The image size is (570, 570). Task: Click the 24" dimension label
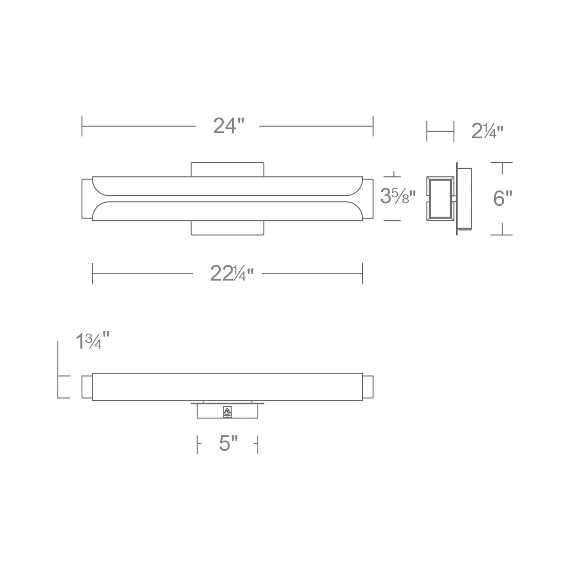click(x=229, y=126)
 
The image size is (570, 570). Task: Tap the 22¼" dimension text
click(x=232, y=274)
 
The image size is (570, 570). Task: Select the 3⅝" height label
click(x=397, y=196)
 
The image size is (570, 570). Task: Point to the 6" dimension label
click(x=502, y=199)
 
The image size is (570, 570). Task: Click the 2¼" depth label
click(x=487, y=131)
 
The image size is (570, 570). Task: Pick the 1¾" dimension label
click(x=92, y=341)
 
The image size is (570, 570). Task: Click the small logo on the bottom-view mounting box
click(x=227, y=412)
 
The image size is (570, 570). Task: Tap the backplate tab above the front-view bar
click(x=227, y=169)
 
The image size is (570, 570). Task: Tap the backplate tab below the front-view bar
click(x=227, y=228)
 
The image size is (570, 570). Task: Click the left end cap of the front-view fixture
click(x=87, y=199)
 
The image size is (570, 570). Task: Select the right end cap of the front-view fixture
click(x=368, y=199)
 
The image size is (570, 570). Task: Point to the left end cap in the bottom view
click(x=87, y=387)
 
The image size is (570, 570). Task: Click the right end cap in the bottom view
click(x=368, y=387)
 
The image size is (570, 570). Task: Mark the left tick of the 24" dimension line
click(x=82, y=126)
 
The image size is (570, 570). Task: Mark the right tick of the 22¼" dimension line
click(x=362, y=274)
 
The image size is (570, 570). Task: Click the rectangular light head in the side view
click(x=440, y=199)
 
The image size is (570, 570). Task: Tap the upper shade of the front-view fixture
click(x=227, y=186)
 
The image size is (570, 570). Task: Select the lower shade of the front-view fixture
click(x=227, y=211)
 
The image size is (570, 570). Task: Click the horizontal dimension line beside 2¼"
click(x=440, y=131)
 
